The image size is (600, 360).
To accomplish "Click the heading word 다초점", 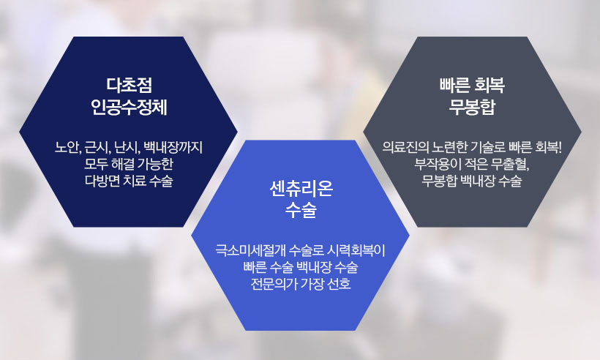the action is (x=129, y=86).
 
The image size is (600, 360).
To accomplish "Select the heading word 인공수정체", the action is (x=129, y=107).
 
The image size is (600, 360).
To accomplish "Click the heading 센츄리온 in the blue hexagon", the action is (x=301, y=189).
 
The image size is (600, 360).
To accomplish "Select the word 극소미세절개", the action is (x=250, y=250).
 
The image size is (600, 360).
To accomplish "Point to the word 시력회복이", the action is (x=356, y=250).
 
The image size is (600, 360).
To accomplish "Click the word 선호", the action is (x=339, y=284).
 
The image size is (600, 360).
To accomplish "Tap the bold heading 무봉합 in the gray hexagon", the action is (x=472, y=107).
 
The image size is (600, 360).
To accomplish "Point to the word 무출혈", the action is (x=511, y=164).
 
